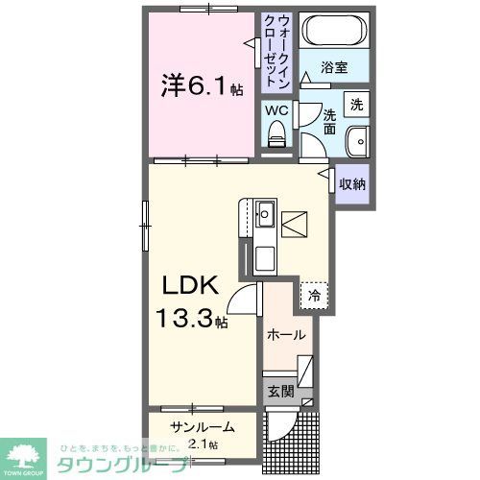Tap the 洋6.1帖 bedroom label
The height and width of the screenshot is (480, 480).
click(x=201, y=87)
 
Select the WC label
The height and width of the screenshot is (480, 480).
click(x=276, y=110)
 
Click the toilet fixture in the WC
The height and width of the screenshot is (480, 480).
click(x=277, y=136)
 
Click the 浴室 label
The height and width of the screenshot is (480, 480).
click(x=334, y=68)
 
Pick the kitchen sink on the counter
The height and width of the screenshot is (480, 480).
click(x=266, y=211)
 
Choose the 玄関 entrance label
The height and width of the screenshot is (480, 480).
click(x=280, y=391)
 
